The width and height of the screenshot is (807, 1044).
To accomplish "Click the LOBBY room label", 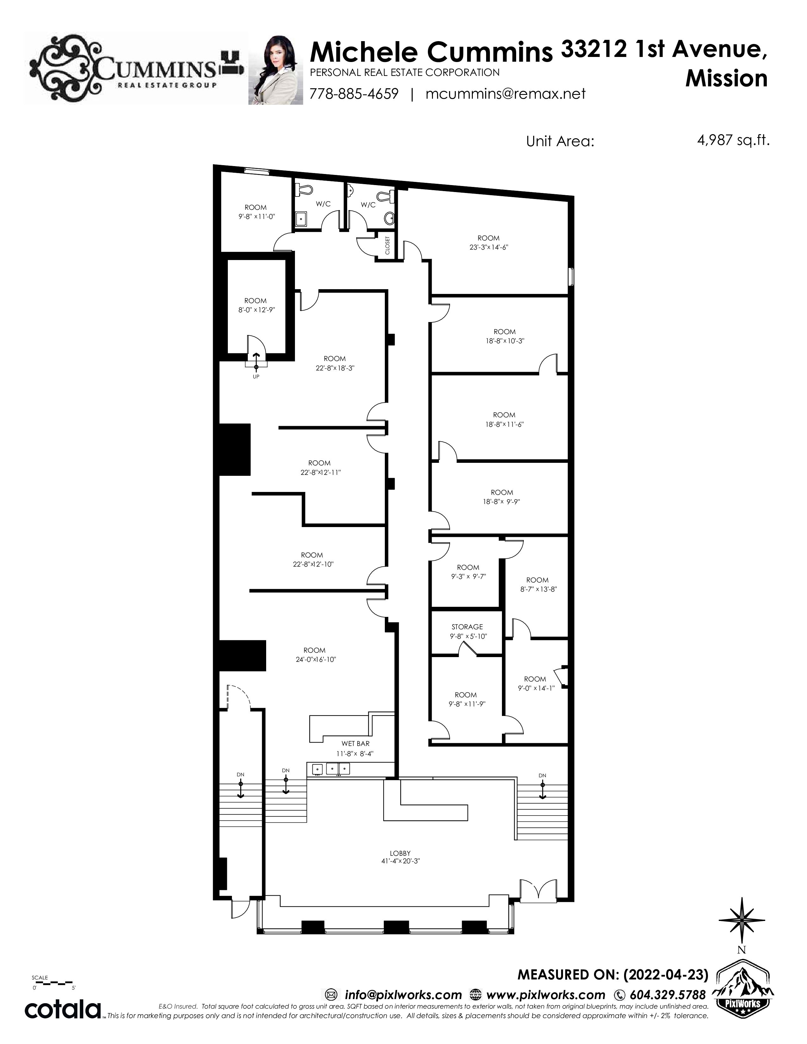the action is [400, 853].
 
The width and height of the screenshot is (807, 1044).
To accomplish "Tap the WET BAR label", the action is [355, 743].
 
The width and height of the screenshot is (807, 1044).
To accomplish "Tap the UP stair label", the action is [256, 377].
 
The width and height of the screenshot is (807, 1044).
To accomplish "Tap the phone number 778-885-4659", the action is [354, 93].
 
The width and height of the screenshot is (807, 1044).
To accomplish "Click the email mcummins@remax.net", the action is [505, 93].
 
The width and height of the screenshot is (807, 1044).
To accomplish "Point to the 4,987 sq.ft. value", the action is [733, 140].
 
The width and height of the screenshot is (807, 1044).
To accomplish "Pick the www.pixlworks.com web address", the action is [546, 995].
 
